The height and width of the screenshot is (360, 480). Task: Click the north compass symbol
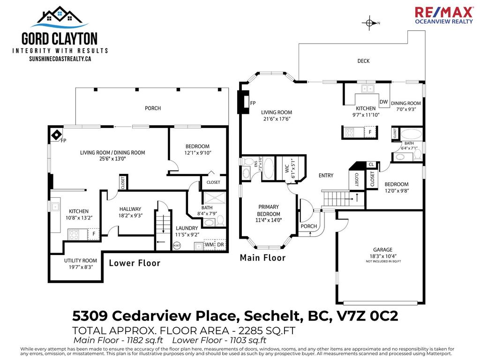tap(370, 22)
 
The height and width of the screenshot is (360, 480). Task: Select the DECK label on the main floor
tap(363, 61)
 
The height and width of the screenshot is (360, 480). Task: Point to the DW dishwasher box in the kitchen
tap(383, 102)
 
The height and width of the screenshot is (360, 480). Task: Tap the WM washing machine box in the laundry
tap(209, 245)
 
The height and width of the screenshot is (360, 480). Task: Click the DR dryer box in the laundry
tap(220, 245)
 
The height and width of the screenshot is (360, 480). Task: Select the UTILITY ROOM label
tap(81, 261)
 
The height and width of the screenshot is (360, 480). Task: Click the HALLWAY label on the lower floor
tap(130, 209)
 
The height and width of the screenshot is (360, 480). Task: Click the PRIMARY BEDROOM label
tap(269, 210)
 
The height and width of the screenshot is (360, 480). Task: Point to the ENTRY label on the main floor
tap(326, 175)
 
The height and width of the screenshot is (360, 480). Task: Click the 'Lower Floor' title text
tap(135, 263)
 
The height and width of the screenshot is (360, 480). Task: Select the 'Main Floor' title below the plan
tap(262, 257)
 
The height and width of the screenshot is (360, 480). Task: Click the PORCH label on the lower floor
tap(153, 108)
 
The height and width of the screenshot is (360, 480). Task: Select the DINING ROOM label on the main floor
tap(406, 103)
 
